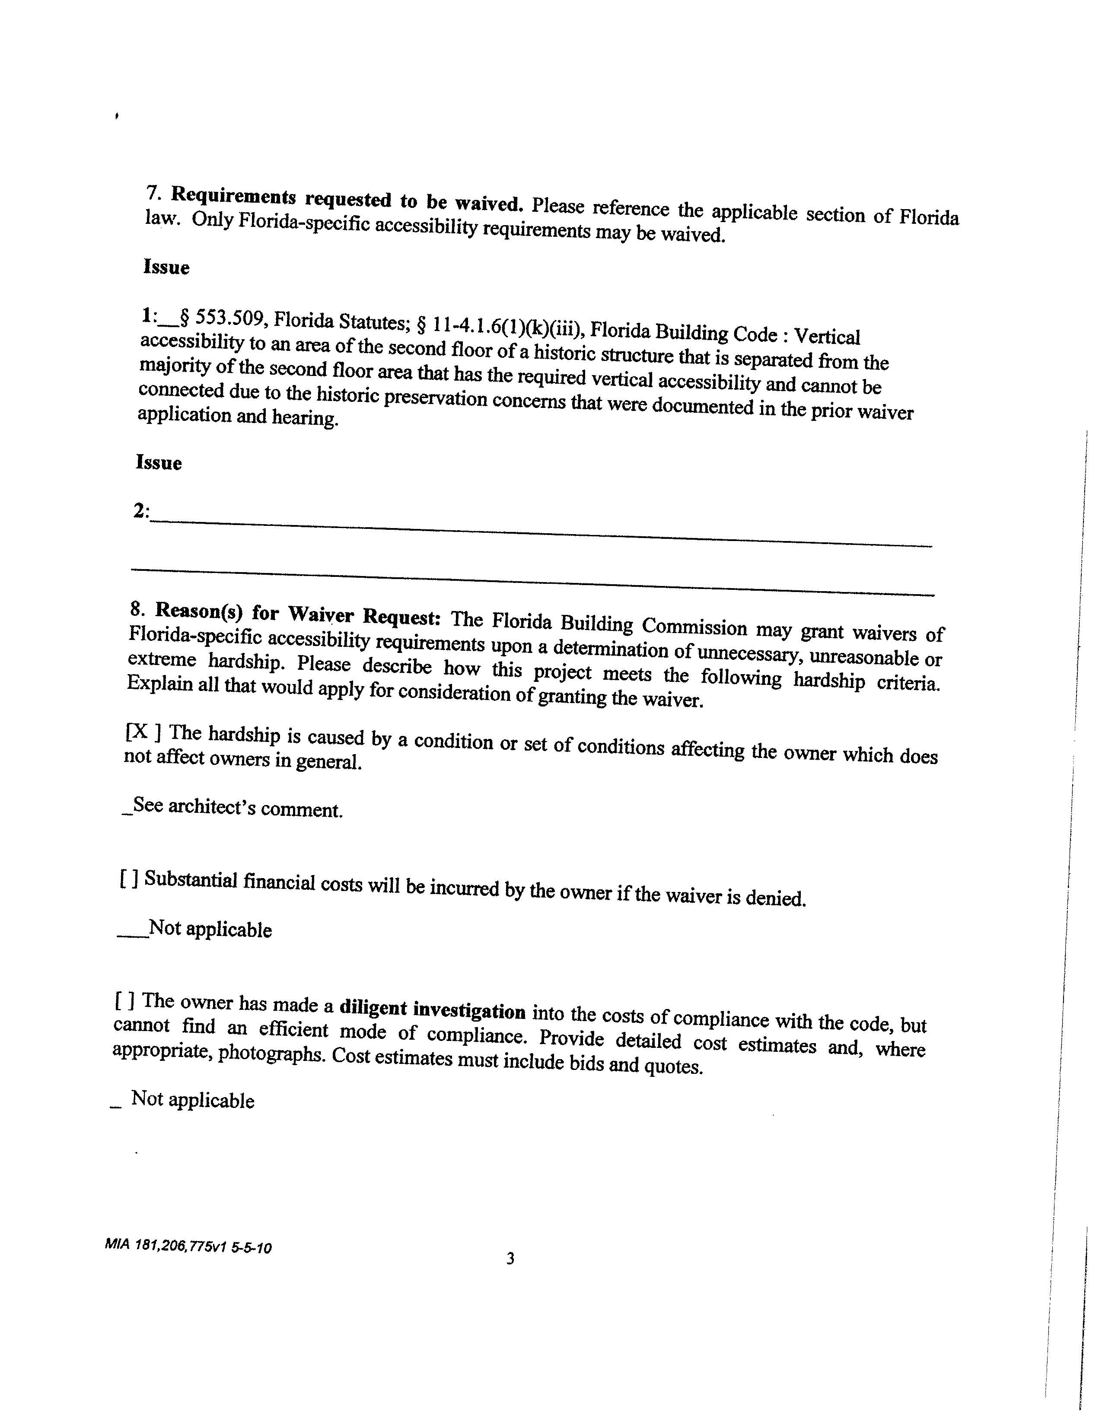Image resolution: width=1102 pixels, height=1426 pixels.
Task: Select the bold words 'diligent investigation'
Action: [x=432, y=1010]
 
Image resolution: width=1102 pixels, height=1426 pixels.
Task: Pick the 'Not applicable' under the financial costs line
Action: [x=210, y=929]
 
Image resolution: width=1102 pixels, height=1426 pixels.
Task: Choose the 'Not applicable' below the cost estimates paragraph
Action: [x=193, y=1100]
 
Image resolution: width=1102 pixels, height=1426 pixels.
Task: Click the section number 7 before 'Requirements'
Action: [x=153, y=193]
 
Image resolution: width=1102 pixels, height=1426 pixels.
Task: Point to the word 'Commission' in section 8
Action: [x=694, y=626]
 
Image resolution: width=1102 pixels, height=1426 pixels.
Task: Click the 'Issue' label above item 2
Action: [x=159, y=462]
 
